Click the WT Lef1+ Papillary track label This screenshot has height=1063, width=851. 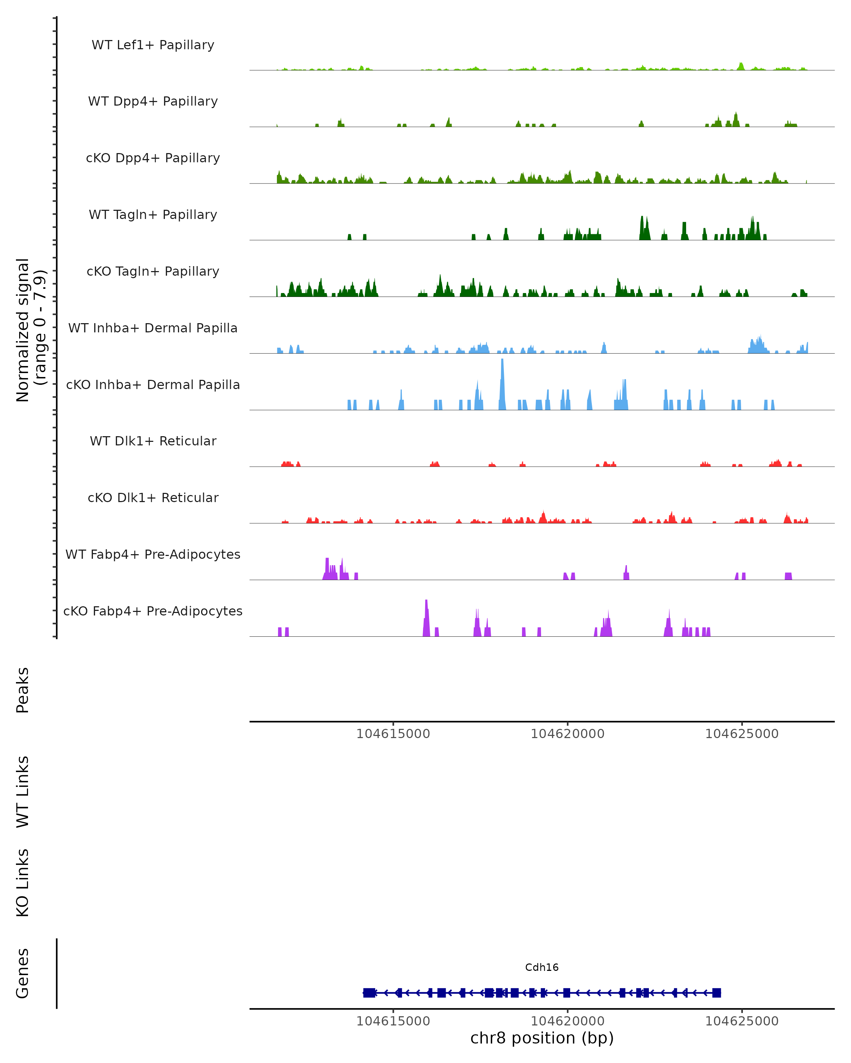click(153, 45)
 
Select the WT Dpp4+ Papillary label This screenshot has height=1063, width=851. click(153, 102)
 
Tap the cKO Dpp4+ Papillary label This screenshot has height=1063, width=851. click(153, 158)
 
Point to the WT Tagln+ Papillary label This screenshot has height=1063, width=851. click(153, 215)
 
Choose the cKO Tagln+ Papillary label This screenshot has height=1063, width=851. click(153, 272)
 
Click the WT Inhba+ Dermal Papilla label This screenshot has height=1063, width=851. click(153, 328)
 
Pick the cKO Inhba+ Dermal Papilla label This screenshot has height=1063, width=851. click(153, 385)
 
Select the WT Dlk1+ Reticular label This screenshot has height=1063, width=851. click(153, 441)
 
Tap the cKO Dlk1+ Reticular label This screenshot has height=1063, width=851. click(153, 498)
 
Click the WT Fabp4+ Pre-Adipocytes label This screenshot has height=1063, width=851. click(153, 555)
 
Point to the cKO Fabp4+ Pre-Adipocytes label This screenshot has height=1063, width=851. click(153, 611)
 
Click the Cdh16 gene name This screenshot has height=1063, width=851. click(542, 967)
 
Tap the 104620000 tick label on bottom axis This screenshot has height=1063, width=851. click(567, 1021)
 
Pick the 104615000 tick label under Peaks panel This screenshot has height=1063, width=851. click(393, 734)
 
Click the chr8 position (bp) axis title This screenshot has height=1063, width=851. click(542, 1038)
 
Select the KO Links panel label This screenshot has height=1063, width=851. click(23, 883)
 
